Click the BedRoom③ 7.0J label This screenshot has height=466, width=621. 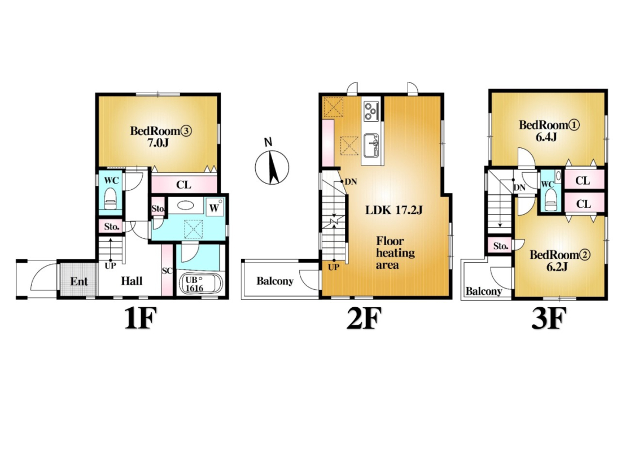(x=161, y=136)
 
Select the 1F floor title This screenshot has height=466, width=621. (x=141, y=318)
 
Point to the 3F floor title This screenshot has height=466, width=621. (x=548, y=318)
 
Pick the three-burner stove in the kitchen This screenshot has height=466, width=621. (x=371, y=111)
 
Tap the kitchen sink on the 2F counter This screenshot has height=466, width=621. (x=371, y=145)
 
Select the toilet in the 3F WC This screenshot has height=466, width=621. (x=550, y=200)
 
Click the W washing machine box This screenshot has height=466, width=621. (x=215, y=207)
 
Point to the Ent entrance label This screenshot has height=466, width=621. (x=79, y=281)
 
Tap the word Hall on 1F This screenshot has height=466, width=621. (x=132, y=281)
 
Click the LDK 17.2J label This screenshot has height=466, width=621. (x=393, y=210)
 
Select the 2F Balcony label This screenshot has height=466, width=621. (x=275, y=281)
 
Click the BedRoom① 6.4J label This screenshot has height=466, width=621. (x=549, y=131)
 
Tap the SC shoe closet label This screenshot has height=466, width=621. (x=167, y=271)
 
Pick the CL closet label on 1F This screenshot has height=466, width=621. (x=184, y=185)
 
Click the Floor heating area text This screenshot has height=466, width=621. (x=395, y=253)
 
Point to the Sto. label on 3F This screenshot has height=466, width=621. (x=501, y=246)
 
